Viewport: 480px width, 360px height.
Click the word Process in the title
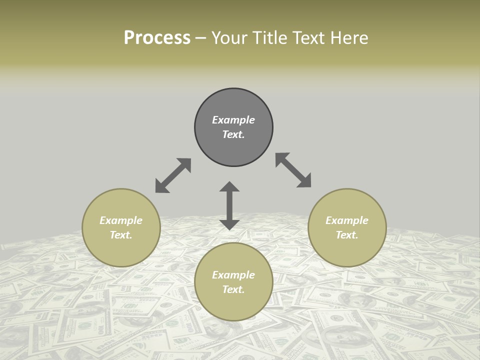tap(157, 37)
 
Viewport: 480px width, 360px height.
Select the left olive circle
tap(121, 250)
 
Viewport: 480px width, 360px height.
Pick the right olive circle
tap(347, 250)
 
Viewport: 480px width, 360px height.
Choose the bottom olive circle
tap(233, 305)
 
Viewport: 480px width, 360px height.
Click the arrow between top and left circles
tap(173, 175)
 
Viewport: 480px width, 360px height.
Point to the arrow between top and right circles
tap(293, 170)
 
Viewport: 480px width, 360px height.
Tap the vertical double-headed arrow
tap(229, 205)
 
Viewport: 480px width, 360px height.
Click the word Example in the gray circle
tap(233, 120)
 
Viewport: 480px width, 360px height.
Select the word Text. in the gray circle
tap(233, 134)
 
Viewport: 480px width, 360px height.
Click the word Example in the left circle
tap(121, 220)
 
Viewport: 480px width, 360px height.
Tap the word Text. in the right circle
tap(347, 235)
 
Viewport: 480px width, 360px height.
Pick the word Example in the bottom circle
tap(233, 275)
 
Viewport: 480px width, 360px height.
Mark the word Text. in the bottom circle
tap(233, 289)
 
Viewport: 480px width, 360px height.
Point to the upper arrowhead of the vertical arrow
tap(229, 186)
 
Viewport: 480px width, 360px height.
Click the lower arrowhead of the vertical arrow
tap(229, 224)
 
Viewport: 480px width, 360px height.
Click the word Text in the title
tap(306, 37)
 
